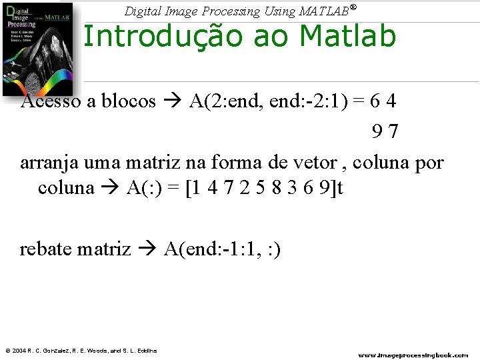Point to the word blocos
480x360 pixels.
[128, 101]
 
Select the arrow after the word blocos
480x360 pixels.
[173, 101]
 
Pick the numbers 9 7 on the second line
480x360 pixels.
[385, 131]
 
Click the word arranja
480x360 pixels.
[49, 162]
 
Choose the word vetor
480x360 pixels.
[317, 162]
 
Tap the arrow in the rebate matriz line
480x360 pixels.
[147, 249]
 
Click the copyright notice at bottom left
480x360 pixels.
[81, 351]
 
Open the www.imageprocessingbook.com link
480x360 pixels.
[413, 355]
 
